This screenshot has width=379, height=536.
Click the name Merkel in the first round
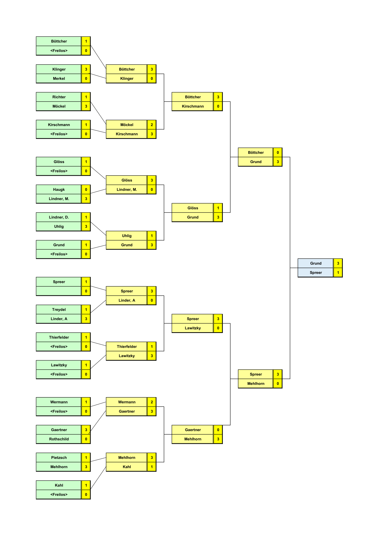click(x=59, y=78)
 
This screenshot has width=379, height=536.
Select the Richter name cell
click(x=59, y=97)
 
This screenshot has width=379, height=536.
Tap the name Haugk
click(x=59, y=190)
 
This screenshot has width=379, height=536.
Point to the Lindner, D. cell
click(x=59, y=217)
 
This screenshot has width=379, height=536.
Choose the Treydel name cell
click(x=59, y=310)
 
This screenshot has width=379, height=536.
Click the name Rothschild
click(x=59, y=439)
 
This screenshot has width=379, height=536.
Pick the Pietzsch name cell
click(x=59, y=458)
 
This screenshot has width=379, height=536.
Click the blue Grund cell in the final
click(x=316, y=263)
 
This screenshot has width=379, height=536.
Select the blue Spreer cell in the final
click(x=316, y=273)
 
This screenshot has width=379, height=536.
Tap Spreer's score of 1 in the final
click(x=338, y=273)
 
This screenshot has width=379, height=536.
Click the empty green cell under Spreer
click(x=59, y=291)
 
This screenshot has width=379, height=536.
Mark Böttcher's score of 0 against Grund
click(x=278, y=153)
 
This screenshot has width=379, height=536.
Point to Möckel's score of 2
click(x=152, y=125)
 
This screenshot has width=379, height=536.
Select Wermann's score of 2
click(x=152, y=402)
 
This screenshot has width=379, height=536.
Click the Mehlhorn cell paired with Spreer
click(x=256, y=383)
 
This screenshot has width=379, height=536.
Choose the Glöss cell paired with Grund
click(x=193, y=208)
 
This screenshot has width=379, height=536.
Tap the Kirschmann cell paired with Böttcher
click(x=193, y=106)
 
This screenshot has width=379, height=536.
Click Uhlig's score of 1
click(x=152, y=236)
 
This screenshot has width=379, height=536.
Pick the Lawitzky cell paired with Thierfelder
click(x=127, y=356)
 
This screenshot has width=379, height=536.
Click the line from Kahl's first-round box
click(x=98, y=478)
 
